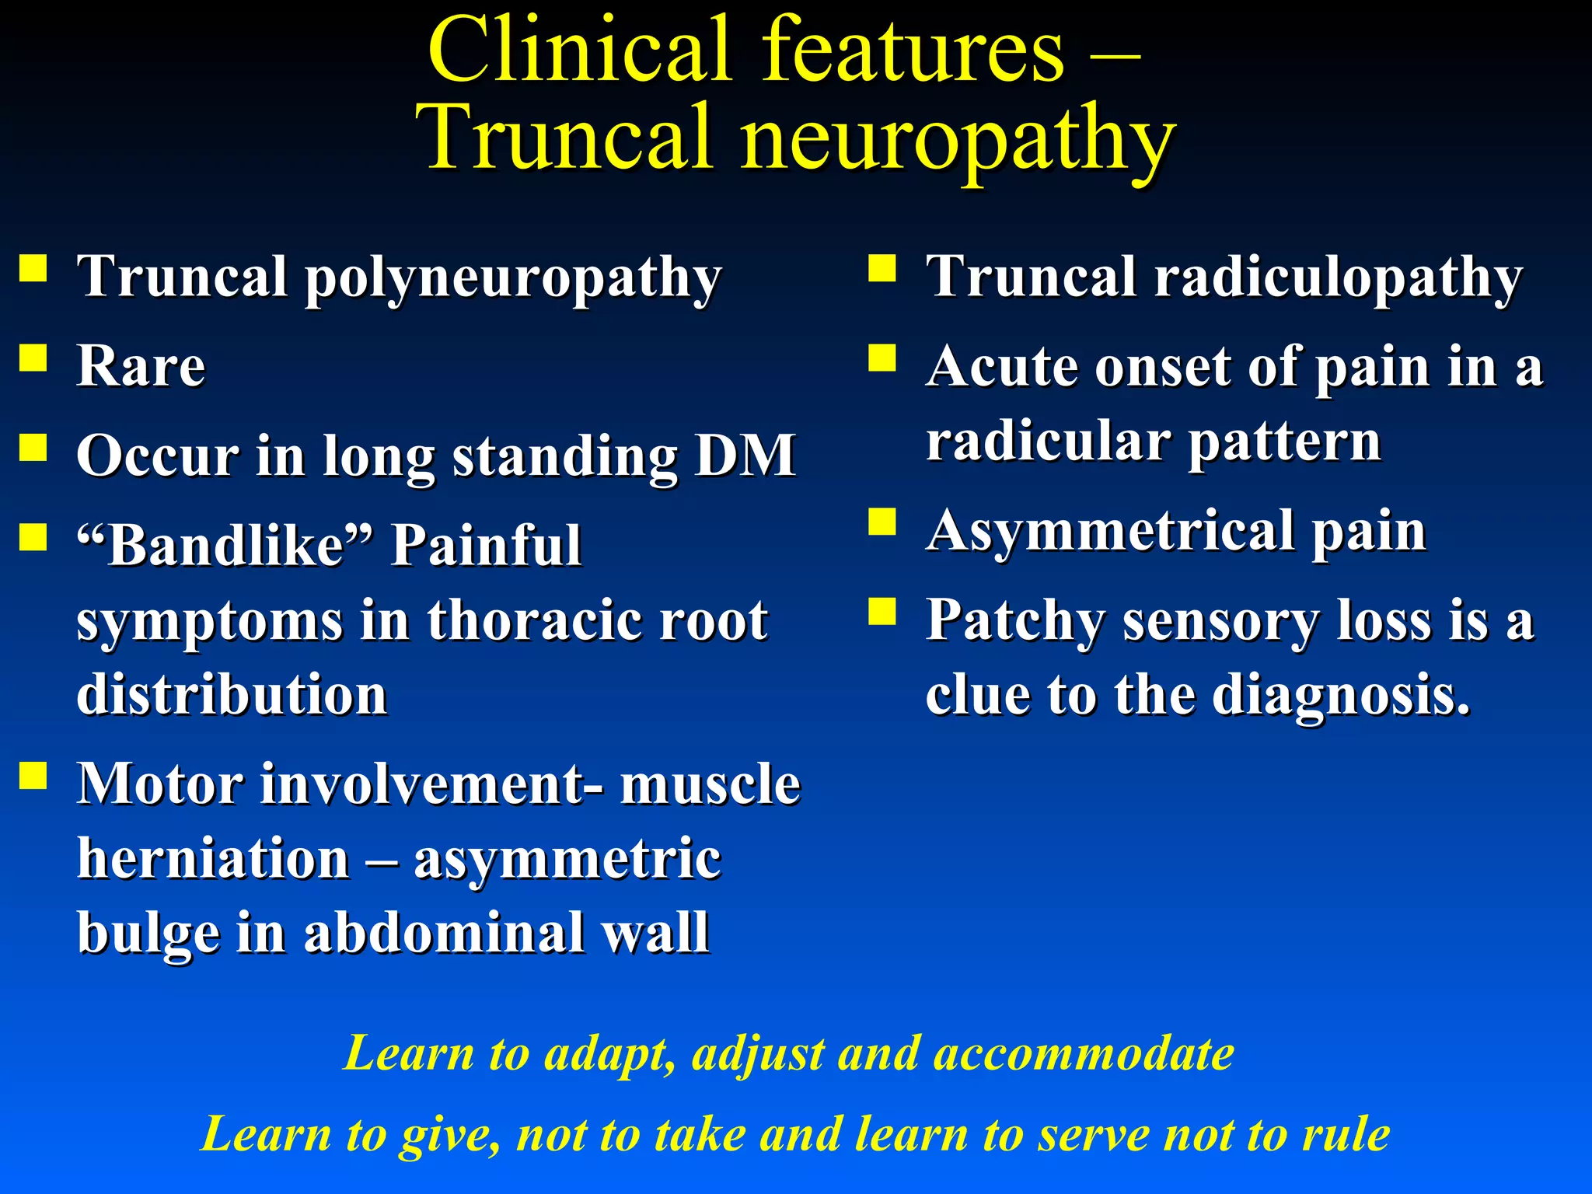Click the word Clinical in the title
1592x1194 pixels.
coord(579,51)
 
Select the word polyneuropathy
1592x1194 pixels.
coord(513,278)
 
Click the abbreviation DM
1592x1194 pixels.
coord(745,456)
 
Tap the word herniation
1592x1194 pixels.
coord(214,859)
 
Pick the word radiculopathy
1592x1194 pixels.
coord(1338,278)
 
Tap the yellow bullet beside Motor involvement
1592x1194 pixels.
coord(33,775)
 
